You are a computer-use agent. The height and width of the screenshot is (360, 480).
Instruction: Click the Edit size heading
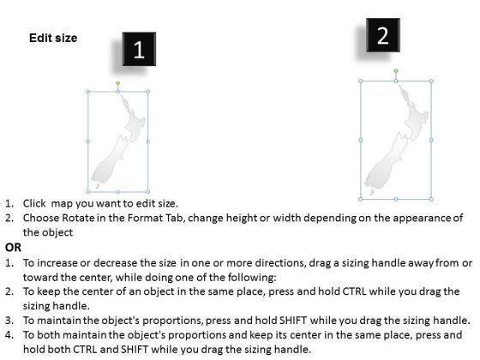click(x=53, y=38)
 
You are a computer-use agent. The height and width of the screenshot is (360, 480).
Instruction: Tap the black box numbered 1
click(x=139, y=49)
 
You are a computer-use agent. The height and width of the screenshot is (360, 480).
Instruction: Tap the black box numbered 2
click(x=383, y=35)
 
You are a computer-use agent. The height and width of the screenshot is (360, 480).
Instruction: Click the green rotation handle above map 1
click(x=118, y=83)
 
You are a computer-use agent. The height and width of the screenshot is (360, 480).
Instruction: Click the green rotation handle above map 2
click(x=396, y=71)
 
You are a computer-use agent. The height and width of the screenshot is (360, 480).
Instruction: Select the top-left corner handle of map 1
click(x=88, y=92)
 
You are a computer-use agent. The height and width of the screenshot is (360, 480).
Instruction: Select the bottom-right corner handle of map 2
click(x=431, y=199)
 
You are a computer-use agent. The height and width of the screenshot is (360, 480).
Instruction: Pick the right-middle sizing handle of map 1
click(x=148, y=141)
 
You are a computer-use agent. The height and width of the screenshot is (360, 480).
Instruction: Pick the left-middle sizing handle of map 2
click(x=360, y=141)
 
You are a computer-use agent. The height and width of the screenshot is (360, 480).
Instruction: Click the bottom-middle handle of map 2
click(x=396, y=199)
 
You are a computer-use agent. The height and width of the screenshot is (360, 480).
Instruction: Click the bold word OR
click(x=13, y=248)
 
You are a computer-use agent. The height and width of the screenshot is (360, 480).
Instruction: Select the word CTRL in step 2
click(x=354, y=291)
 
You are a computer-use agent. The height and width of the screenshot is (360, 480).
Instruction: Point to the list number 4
click(x=9, y=334)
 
